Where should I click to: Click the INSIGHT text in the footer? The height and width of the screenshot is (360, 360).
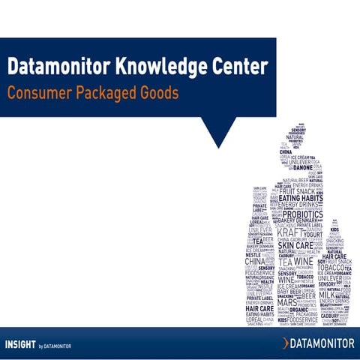[20, 344]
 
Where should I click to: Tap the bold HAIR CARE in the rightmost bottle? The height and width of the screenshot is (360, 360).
[334, 256]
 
